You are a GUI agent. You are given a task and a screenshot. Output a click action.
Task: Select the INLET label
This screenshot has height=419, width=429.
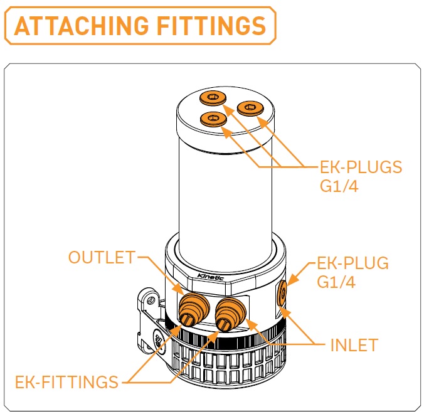(x=354, y=345)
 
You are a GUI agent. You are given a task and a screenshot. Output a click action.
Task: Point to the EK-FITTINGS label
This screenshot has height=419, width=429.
(x=66, y=381)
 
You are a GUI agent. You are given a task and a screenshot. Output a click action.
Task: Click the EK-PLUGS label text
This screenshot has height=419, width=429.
(x=360, y=168)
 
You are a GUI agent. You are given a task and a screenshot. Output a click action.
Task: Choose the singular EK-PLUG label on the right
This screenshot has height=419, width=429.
(x=353, y=263)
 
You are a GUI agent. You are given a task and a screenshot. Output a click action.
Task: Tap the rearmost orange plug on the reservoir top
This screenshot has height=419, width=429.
(x=214, y=97)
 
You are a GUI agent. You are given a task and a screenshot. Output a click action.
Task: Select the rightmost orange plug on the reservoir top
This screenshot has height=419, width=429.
(x=249, y=108)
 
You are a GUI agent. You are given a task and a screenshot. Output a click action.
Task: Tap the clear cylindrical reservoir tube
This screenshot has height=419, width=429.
(x=226, y=188)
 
